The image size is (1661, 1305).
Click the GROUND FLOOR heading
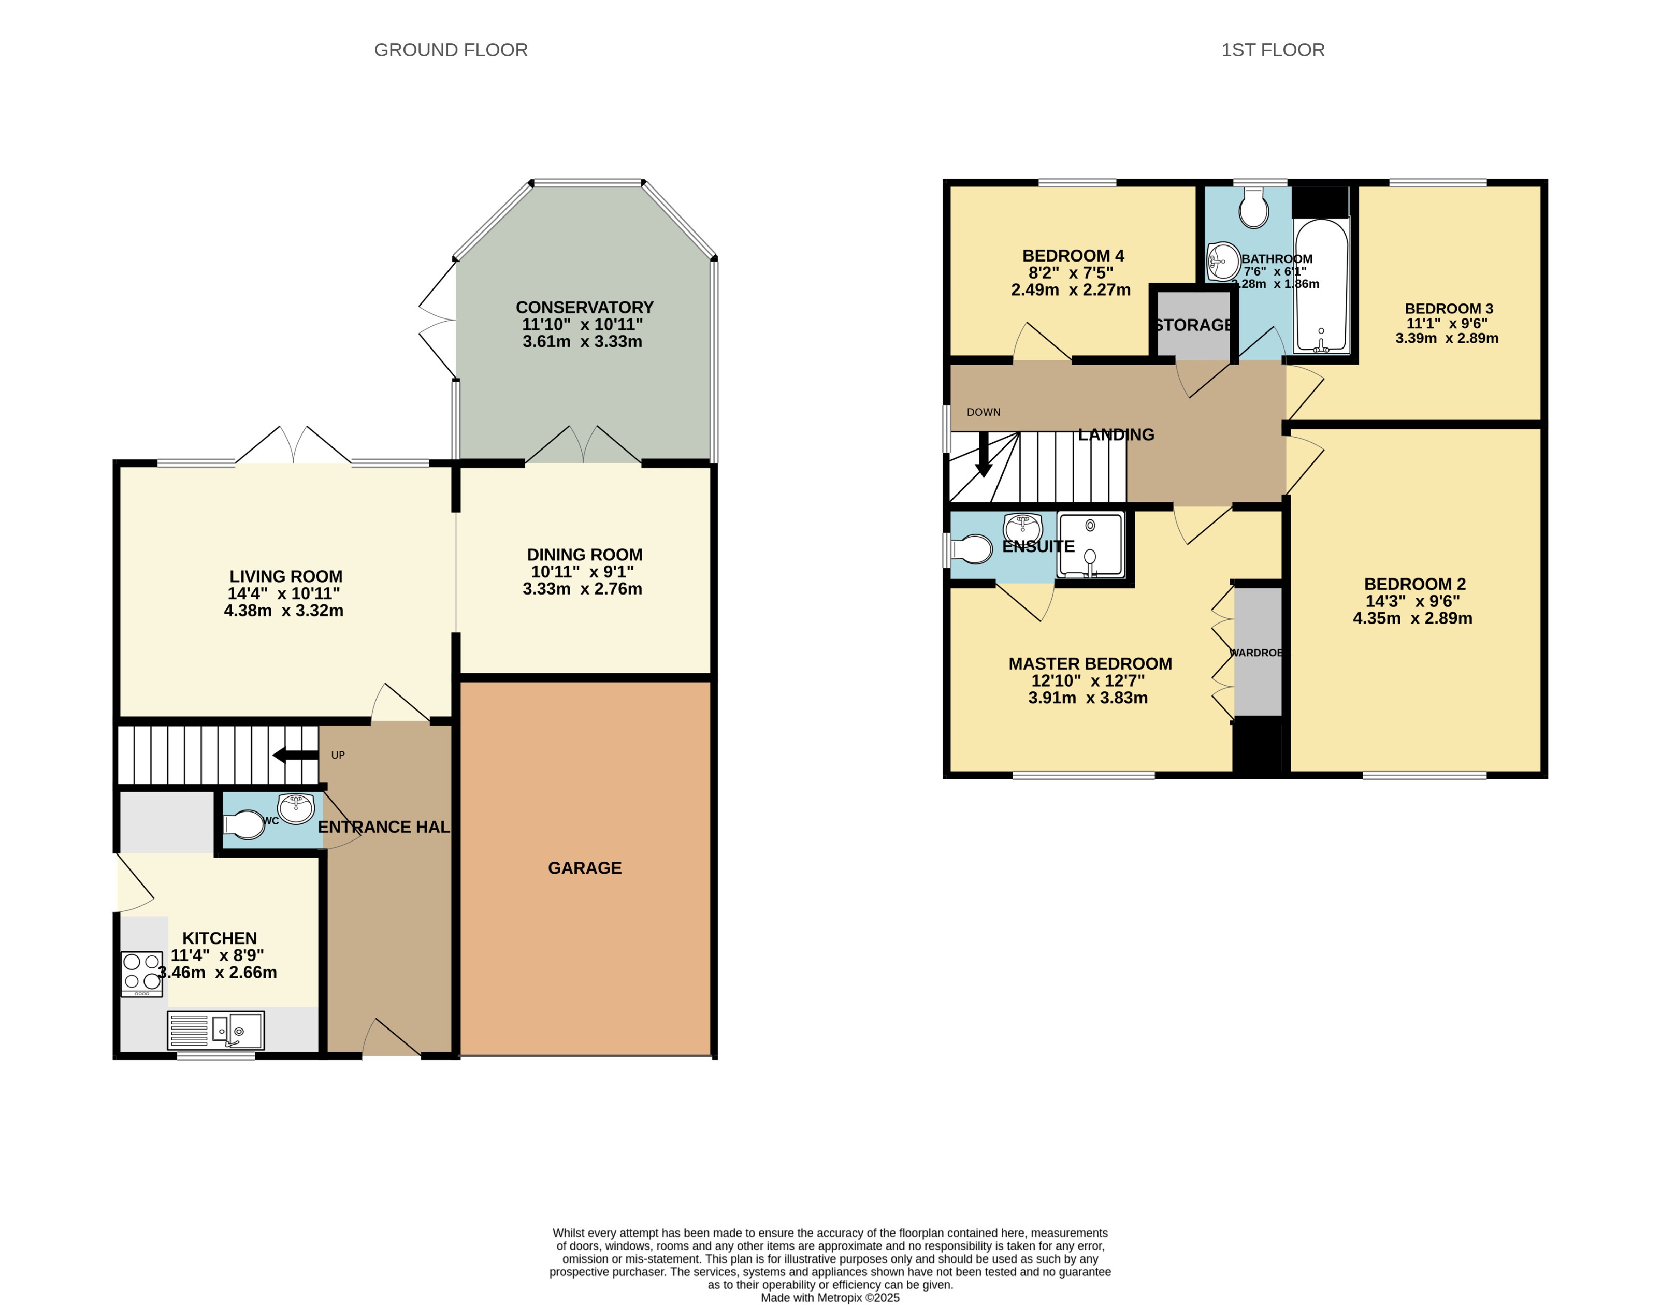451,50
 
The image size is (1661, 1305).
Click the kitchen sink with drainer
216,1030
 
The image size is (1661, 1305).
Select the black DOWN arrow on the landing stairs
984,455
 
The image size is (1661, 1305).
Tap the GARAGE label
584,868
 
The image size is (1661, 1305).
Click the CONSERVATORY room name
584,307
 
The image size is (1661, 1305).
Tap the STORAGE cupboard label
1193,325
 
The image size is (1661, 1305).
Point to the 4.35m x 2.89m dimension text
1412,618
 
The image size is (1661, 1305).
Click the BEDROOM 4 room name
1073,256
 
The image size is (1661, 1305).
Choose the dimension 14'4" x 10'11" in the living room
283,593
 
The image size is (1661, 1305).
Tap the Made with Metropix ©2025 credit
830,1297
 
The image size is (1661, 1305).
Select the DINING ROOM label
584,555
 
